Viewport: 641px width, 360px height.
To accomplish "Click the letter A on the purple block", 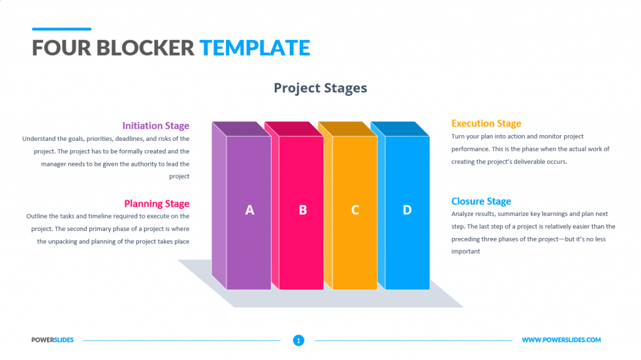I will coord(249,210).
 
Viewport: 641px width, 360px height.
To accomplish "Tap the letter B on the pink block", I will coord(302,210).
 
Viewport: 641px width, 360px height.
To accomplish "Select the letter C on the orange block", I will coord(355,210).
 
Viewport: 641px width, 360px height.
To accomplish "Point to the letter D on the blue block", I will coord(407,210).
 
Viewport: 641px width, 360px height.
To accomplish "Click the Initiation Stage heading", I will coord(155,126).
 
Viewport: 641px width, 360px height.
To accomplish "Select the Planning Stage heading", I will coord(156,203).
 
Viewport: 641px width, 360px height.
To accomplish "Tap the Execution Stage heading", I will coord(486,123).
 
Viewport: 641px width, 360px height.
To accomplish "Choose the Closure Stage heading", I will coord(481,201).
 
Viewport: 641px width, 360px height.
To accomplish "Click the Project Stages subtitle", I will coord(320,88).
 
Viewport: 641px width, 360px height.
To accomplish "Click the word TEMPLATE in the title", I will coord(255,48).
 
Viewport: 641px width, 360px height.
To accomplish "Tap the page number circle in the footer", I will coord(299,341).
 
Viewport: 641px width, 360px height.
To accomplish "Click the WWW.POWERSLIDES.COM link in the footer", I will coord(561,340).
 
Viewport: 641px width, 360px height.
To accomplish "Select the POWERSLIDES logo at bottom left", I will coord(53,340).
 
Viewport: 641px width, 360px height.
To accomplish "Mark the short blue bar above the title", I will coord(61,29).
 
